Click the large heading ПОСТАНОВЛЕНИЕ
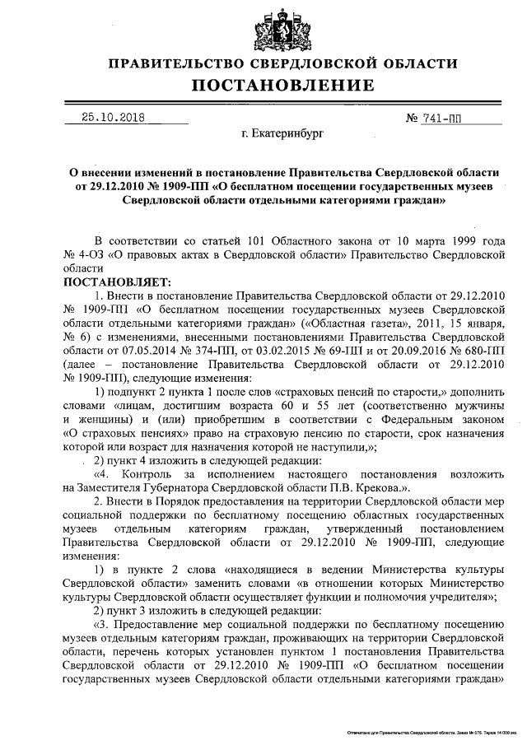click(x=283, y=86)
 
